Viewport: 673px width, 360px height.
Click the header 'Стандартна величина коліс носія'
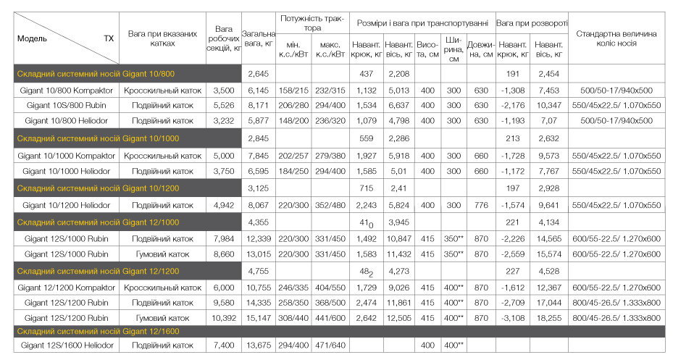(x=616, y=38)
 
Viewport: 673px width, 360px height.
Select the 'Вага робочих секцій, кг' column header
(x=224, y=38)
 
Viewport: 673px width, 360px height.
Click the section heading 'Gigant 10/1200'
(x=98, y=188)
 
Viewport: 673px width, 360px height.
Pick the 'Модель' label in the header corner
(x=32, y=38)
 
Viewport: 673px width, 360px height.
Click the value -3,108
(x=513, y=318)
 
